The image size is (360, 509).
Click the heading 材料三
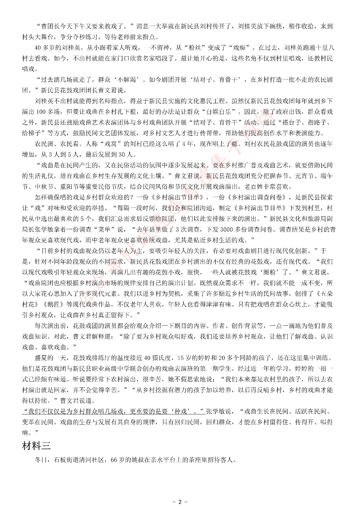36,446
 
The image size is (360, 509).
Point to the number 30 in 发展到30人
123,154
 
